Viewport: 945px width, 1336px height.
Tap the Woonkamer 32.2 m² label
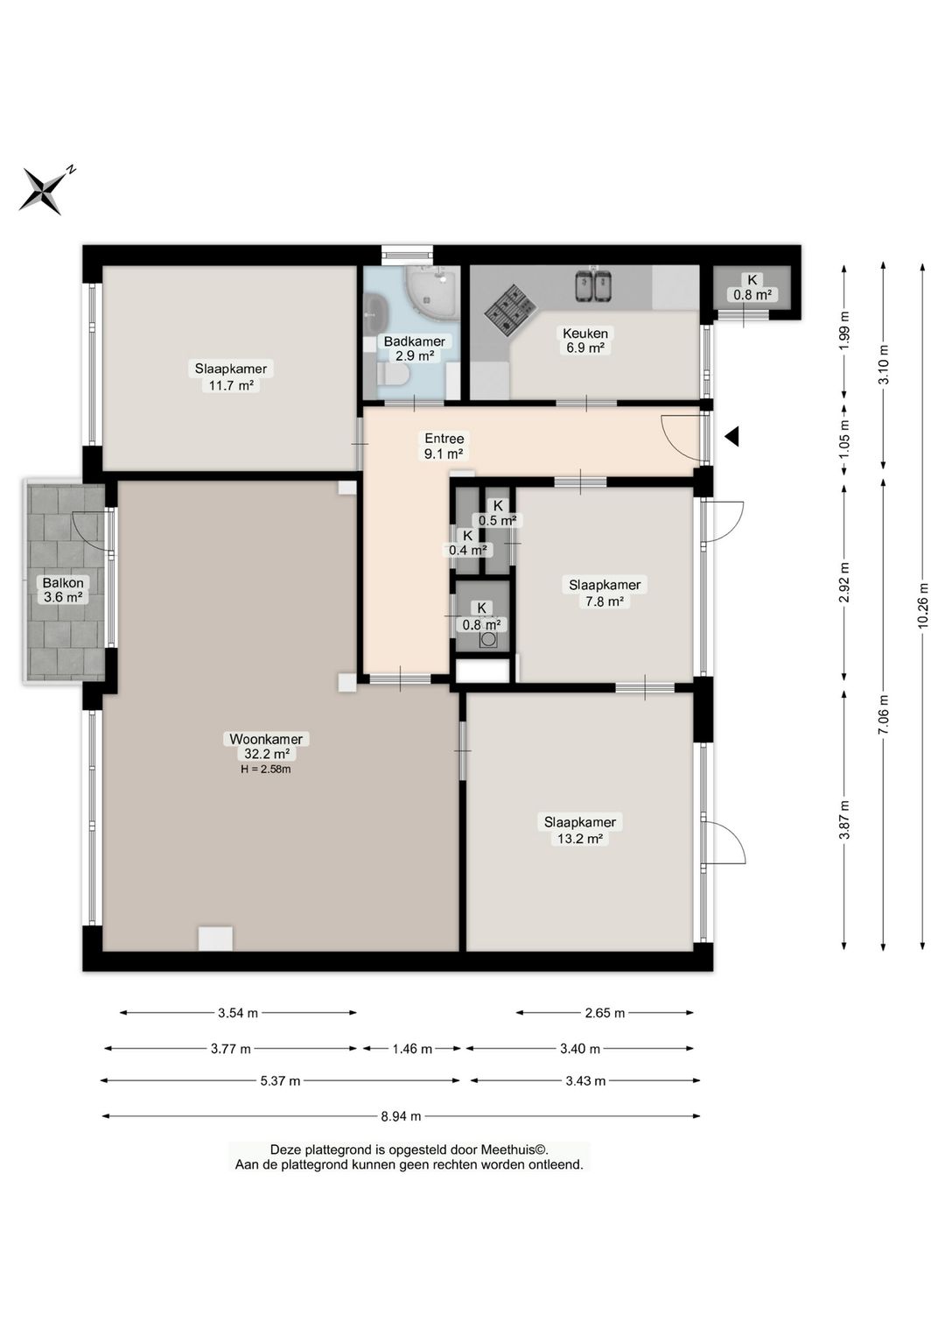tap(266, 746)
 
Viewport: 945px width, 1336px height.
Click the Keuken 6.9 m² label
tap(584, 341)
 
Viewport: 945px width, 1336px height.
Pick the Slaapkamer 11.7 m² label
tap(231, 376)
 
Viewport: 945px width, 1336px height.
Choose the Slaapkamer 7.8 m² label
tap(605, 593)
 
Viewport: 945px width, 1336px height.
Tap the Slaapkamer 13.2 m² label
tap(579, 830)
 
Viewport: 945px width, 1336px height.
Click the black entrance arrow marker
tap(732, 437)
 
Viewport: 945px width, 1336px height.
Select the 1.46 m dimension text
tap(412, 1049)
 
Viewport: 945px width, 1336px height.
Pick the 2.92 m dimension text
tap(843, 581)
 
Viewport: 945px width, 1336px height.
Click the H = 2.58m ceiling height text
tap(266, 769)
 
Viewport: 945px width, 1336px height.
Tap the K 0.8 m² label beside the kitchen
tap(752, 287)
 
